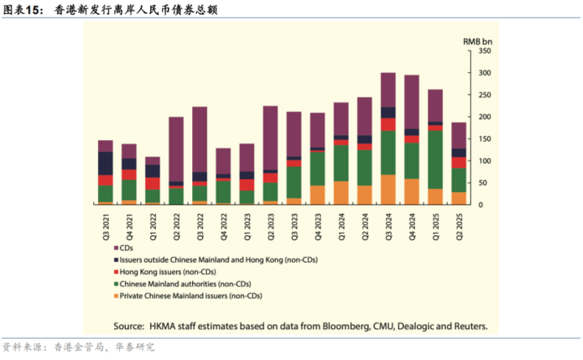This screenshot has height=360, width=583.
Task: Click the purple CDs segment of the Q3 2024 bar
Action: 388,89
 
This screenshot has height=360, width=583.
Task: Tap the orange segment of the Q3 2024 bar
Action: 388,189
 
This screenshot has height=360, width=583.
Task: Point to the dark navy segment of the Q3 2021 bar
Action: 105,163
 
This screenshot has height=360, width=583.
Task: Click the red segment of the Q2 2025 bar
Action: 458,162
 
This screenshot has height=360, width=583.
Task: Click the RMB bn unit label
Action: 478,40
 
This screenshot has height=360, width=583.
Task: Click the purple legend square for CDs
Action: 116,247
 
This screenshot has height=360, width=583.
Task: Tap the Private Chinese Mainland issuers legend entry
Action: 191,297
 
